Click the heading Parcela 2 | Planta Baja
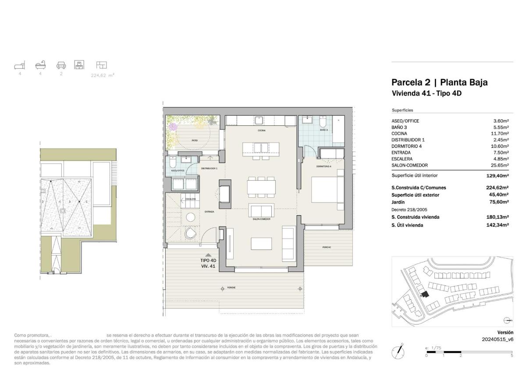pos(439,82)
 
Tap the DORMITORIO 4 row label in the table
pos(406,146)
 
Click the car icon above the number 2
pos(61,65)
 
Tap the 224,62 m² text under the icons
pos(102,75)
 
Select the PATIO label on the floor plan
pos(194,140)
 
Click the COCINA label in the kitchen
pos(261,130)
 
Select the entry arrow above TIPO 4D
pos(209,254)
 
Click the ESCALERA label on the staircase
pos(190,199)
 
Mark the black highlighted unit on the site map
pos(424,294)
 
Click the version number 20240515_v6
pos(498,339)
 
